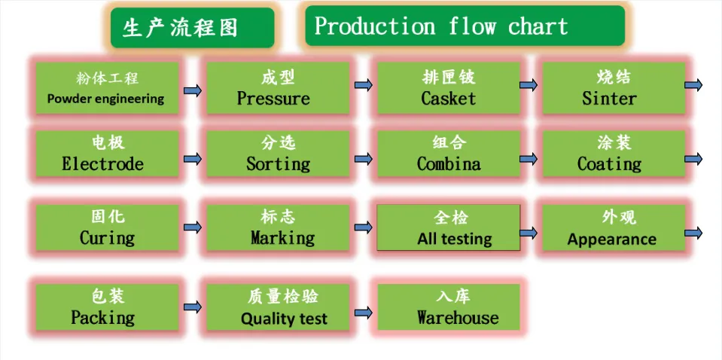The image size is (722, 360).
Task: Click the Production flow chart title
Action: pos(465,26)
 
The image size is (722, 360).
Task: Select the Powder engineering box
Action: pos(106,88)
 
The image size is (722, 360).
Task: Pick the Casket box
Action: pos(449,88)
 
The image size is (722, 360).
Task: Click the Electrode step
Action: pos(106,154)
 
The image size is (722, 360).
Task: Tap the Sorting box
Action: pos(278,154)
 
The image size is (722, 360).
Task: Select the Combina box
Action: pos(449,154)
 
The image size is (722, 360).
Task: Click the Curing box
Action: pos(106,228)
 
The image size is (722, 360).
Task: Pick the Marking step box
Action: pos(278,228)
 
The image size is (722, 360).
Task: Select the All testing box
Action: pos(449,228)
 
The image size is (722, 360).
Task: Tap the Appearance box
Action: pos(613,228)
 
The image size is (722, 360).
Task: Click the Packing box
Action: pos(106,307)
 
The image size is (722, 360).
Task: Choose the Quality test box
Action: pos(278,307)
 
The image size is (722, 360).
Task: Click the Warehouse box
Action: pos(449,307)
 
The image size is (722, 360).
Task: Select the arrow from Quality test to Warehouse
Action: pos(364,311)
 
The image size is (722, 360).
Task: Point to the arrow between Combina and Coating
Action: pos(529,159)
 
